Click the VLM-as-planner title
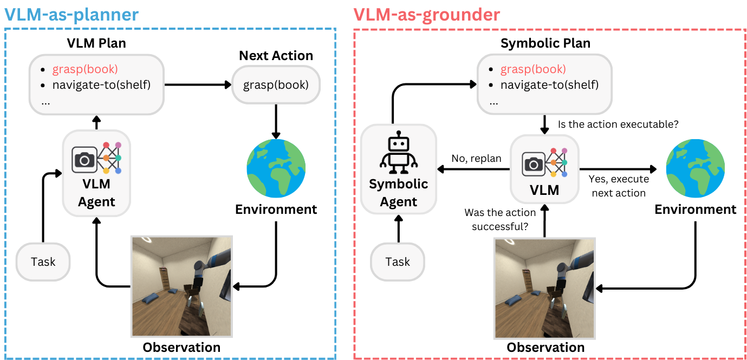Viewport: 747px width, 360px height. click(x=72, y=14)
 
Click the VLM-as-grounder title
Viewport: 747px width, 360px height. click(x=426, y=14)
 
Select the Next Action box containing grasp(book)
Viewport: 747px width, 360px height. click(x=276, y=85)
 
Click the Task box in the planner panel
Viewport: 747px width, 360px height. click(x=43, y=262)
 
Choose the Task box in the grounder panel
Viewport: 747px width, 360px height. click(x=398, y=262)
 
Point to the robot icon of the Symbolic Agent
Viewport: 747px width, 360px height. click(x=398, y=151)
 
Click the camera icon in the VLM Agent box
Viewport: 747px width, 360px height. click(x=84, y=159)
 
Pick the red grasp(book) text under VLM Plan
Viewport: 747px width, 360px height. click(x=85, y=69)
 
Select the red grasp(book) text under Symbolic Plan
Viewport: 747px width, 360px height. click(x=533, y=69)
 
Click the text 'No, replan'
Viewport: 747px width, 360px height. click(x=476, y=159)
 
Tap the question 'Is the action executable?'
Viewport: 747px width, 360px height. click(x=618, y=125)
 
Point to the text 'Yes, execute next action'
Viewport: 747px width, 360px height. click(x=619, y=186)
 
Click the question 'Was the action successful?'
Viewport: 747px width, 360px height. click(x=500, y=219)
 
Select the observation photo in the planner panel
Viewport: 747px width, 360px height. click(x=181, y=286)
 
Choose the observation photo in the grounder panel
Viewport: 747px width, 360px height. click(x=545, y=288)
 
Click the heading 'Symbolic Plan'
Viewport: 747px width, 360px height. click(x=545, y=43)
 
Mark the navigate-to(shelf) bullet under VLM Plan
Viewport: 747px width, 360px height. click(x=101, y=85)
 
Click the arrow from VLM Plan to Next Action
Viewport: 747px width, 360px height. click(x=197, y=85)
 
